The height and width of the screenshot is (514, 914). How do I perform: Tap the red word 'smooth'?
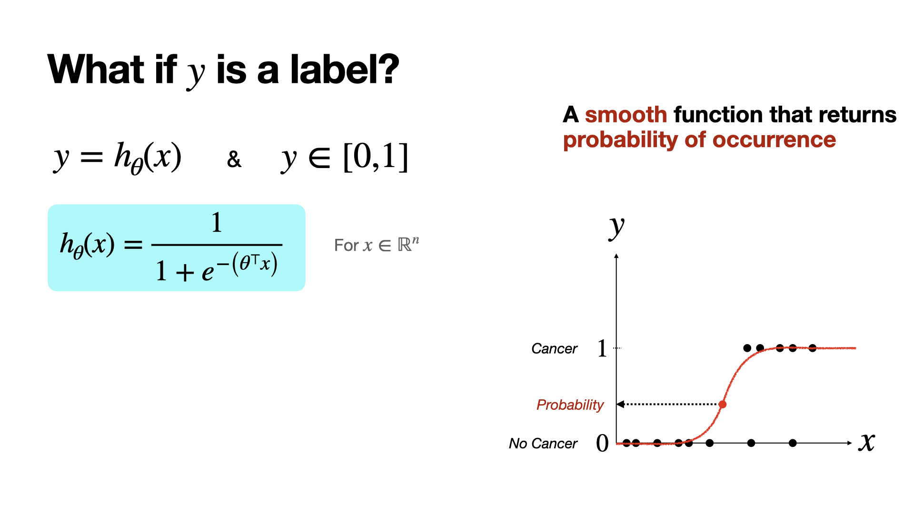click(x=626, y=115)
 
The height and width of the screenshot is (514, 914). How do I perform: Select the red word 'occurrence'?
click(x=774, y=140)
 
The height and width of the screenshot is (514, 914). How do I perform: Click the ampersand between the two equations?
click(x=234, y=159)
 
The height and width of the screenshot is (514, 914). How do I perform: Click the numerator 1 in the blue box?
click(x=217, y=222)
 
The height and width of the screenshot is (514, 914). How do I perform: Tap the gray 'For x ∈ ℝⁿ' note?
click(x=377, y=245)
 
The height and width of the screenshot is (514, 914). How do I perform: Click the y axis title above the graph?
click(x=616, y=228)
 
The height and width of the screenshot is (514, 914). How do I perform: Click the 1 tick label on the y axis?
click(x=602, y=348)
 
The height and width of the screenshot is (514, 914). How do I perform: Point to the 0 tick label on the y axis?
click(x=602, y=443)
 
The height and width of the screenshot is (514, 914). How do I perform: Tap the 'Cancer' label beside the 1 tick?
click(x=554, y=349)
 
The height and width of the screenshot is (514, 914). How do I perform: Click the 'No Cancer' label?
click(x=543, y=444)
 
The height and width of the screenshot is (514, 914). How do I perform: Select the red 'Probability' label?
click(x=570, y=405)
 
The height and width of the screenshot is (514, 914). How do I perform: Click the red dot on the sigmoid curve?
click(x=723, y=405)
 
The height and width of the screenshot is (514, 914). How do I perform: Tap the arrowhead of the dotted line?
click(x=620, y=405)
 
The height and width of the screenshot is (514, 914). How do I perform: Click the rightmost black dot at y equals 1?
click(x=813, y=348)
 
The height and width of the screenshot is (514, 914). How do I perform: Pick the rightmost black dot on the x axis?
click(x=793, y=443)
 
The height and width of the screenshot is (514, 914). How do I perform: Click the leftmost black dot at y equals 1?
click(x=747, y=348)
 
